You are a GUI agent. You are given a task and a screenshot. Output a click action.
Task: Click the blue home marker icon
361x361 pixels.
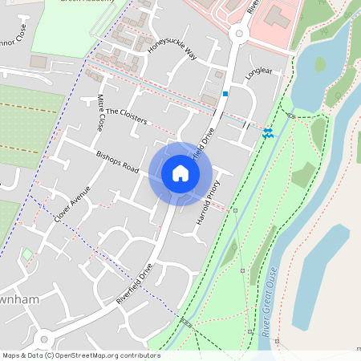pos(180,173)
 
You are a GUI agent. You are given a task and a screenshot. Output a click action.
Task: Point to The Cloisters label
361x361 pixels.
pos(127,116)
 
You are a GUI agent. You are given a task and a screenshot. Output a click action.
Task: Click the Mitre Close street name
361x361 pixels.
pos(100,113)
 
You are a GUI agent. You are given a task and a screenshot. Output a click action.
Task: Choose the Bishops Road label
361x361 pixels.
pos(117,163)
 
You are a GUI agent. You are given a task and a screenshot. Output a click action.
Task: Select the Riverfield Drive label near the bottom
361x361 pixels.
pos(134,284)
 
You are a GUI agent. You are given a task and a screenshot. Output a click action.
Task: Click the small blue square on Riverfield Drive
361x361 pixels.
pos(225,94)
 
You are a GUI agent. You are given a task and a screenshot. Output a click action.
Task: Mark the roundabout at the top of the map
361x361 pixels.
pos(238,34)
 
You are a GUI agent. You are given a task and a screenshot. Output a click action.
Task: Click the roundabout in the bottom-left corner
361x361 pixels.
pos(44,338)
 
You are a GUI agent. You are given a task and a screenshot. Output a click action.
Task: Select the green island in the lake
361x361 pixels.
pos(320,64)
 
